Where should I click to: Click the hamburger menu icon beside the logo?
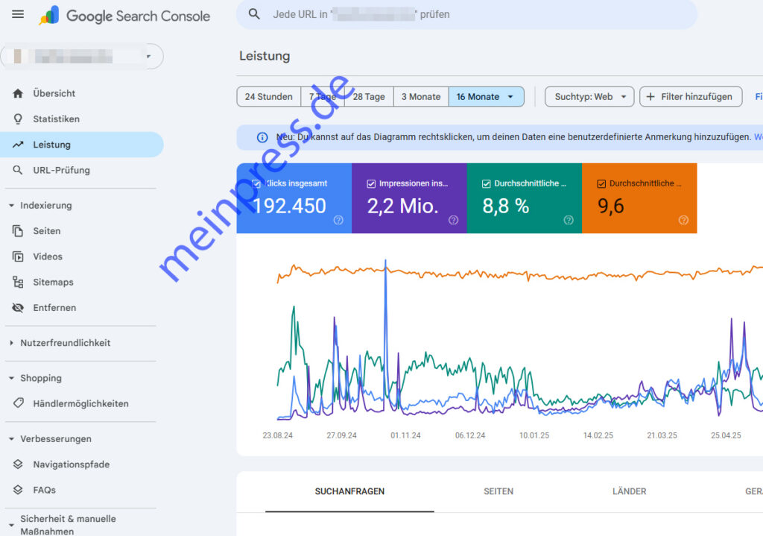18,15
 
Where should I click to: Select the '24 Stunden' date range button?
268,97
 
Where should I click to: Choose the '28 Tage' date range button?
369,97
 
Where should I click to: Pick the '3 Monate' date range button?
421,97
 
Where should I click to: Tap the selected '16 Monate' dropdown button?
486,97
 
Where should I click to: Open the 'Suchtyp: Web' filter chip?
589,97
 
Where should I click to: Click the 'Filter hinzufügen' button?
690,97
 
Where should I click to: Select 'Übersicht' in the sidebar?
54,93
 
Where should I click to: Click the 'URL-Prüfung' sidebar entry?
61,170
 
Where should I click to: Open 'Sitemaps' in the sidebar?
53,282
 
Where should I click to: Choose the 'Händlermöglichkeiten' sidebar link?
80,403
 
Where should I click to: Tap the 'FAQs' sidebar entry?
44,490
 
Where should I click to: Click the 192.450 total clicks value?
289,206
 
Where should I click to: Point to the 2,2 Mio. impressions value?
402,206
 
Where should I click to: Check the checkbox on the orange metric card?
601,183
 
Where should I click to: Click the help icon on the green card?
569,220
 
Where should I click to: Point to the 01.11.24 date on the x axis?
405,435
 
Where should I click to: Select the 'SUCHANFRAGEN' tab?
349,491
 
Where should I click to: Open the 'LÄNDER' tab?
629,491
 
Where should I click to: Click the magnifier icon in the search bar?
255,14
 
